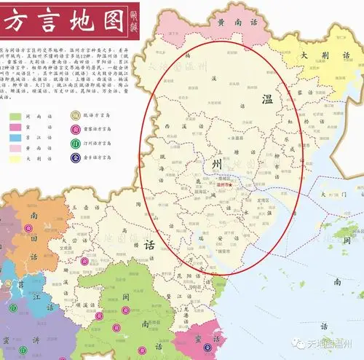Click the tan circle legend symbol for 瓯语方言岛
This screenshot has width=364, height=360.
click(x=75, y=115)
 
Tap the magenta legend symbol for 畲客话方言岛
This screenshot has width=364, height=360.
click(x=75, y=129)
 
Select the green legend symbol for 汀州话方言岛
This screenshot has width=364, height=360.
click(x=75, y=142)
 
